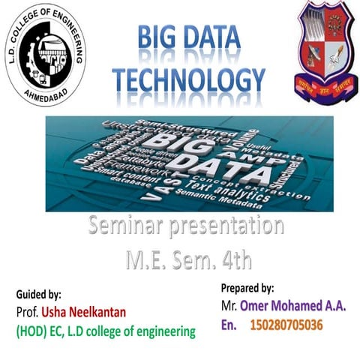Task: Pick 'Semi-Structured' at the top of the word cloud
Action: tap(185, 122)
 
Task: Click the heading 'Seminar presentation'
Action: tap(185, 225)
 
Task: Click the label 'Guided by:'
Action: tap(38, 295)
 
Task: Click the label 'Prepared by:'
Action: tap(247, 287)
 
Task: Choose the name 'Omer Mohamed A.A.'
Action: tap(292, 306)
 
